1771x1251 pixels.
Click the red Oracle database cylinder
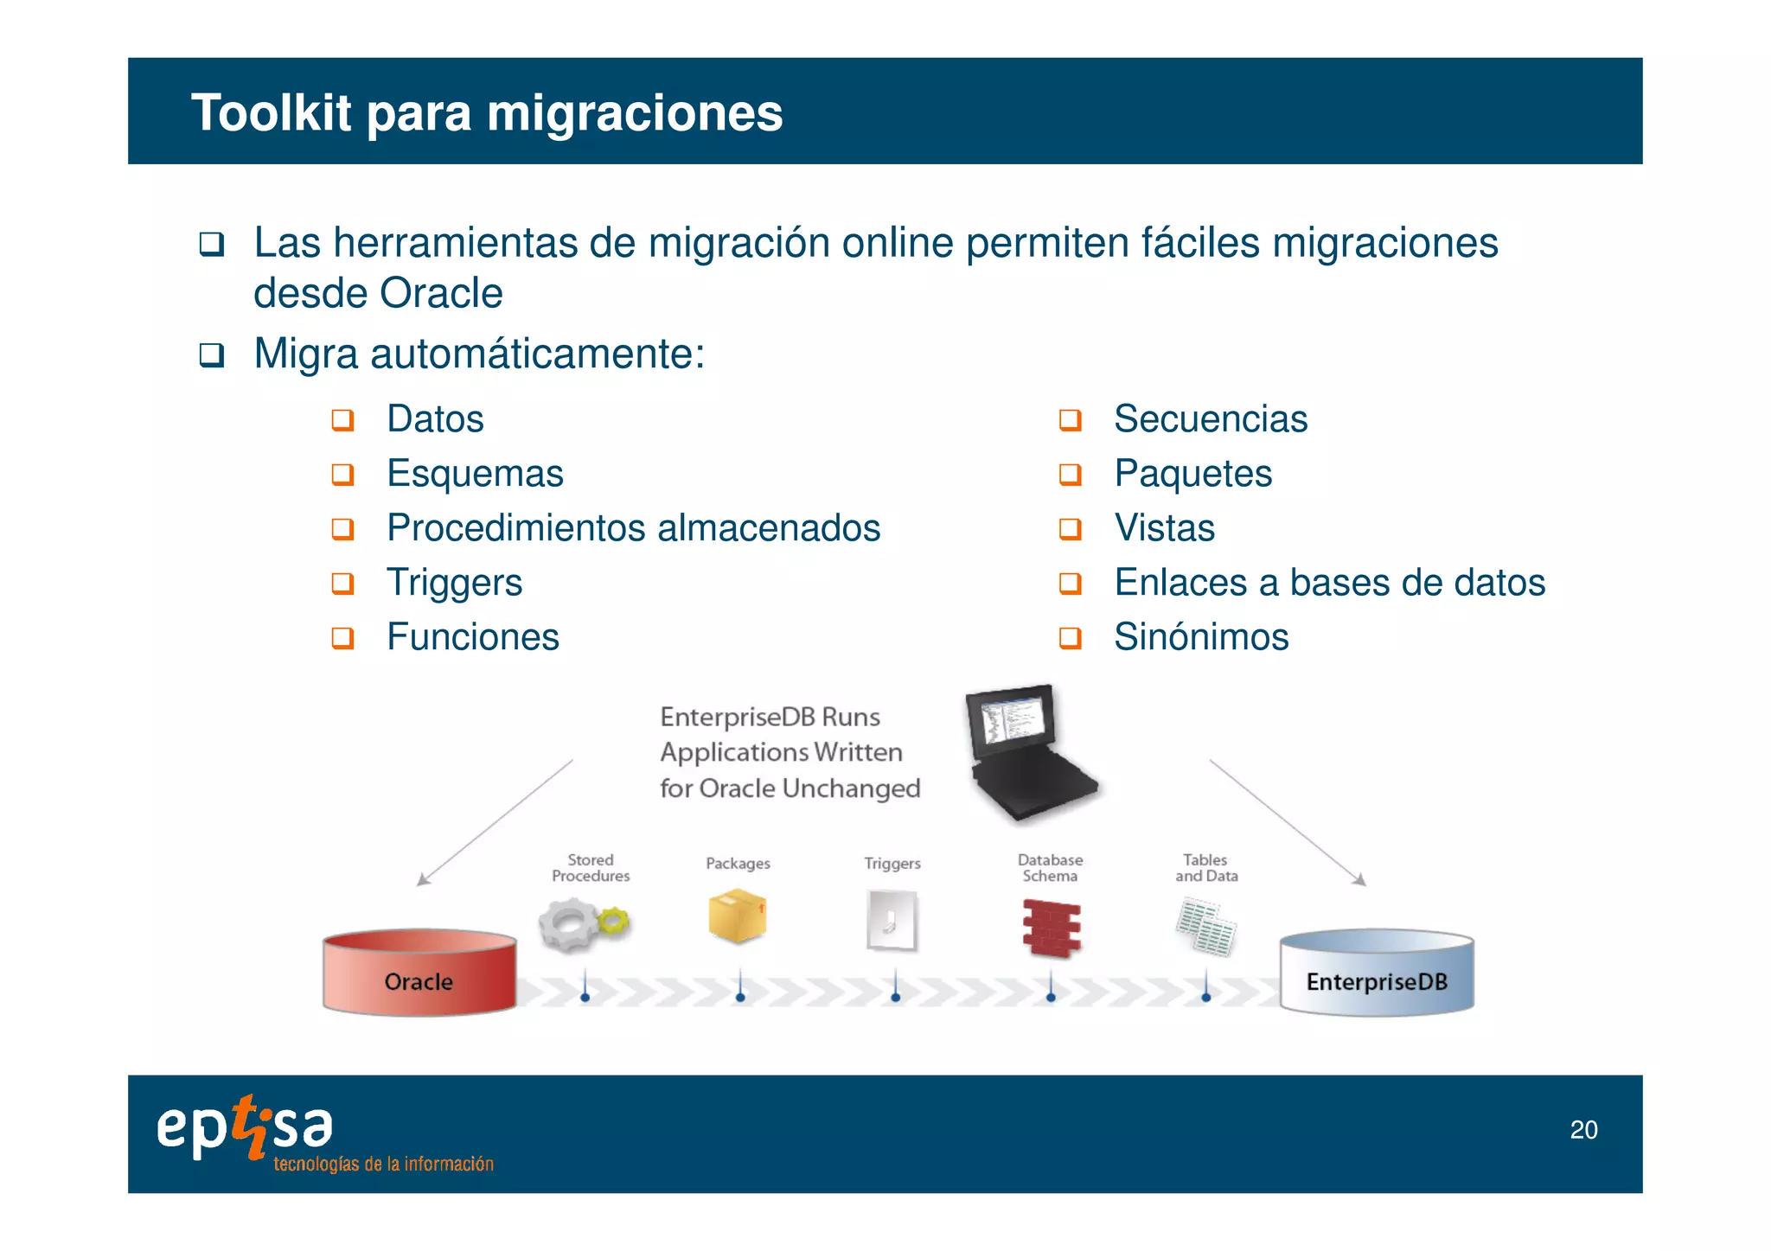point(419,973)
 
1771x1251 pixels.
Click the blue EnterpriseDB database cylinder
point(1377,973)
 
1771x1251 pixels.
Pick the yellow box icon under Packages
point(737,916)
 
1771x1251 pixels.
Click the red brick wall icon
point(1052,929)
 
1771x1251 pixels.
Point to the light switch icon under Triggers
point(892,922)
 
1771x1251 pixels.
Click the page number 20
point(1583,1130)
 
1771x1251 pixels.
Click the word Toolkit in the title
point(271,113)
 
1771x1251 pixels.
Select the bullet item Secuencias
point(1210,419)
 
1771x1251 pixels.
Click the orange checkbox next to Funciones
point(343,638)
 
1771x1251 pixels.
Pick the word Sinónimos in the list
point(1201,637)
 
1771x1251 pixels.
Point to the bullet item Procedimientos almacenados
point(633,528)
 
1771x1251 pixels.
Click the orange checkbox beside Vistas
point(1071,529)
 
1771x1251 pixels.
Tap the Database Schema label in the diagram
point(1050,868)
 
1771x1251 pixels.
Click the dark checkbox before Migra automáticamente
point(212,354)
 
